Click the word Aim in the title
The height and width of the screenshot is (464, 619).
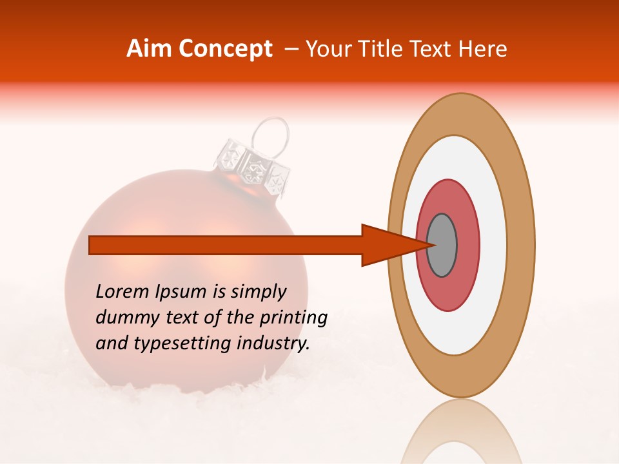[x=150, y=49]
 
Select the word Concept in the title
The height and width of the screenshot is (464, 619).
[x=225, y=49]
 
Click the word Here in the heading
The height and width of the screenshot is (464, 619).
[x=484, y=49]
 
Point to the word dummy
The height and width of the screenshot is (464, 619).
[x=123, y=318]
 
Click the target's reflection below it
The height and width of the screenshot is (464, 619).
[x=460, y=432]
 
